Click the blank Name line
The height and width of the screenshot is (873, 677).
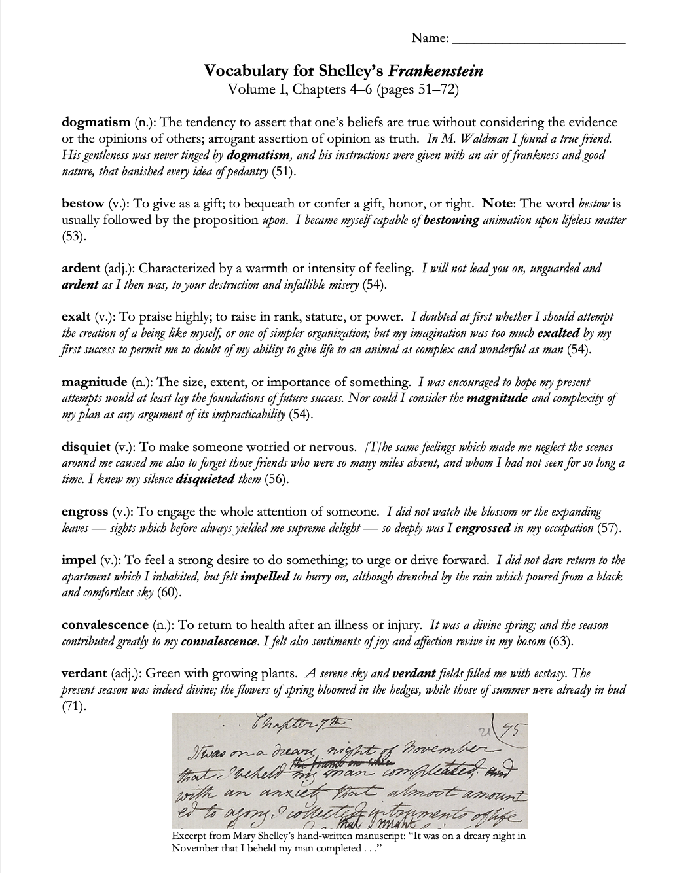tap(539, 41)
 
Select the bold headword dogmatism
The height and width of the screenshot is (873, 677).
tap(96, 122)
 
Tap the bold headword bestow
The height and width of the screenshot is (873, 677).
tap(82, 204)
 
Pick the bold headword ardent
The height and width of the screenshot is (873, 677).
tap(81, 268)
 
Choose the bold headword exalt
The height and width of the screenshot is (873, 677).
tap(76, 317)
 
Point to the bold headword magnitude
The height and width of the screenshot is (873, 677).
tap(94, 382)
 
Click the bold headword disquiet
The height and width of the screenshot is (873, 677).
tap(86, 448)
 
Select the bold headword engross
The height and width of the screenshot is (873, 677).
tap(84, 512)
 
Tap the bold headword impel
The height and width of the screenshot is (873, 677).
tap(79, 560)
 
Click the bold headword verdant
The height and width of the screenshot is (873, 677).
tap(84, 673)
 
